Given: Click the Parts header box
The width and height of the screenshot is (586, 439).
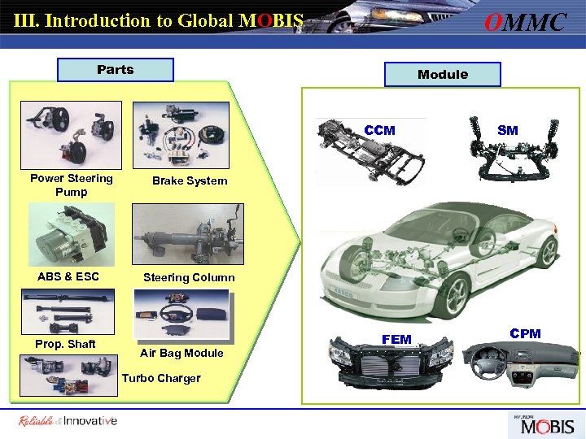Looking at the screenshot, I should pyautogui.click(x=116, y=70).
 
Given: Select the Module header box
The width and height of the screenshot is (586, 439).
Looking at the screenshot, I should pyautogui.click(x=443, y=75).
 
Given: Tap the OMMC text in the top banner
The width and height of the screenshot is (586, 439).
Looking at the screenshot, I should pyautogui.click(x=525, y=22).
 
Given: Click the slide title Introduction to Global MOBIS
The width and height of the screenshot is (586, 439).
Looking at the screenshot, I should pyautogui.click(x=160, y=20).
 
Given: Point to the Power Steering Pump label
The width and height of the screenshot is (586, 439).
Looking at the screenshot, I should pyautogui.click(x=72, y=185).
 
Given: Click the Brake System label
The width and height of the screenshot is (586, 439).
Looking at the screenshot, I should pyautogui.click(x=190, y=180).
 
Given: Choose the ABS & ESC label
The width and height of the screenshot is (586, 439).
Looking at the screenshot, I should pyautogui.click(x=68, y=276).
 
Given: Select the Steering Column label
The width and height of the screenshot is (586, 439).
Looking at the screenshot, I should pyautogui.click(x=189, y=277).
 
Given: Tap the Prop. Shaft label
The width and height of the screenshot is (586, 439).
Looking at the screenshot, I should pyautogui.click(x=65, y=344).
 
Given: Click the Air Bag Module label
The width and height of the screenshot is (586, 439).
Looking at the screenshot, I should pyautogui.click(x=181, y=353).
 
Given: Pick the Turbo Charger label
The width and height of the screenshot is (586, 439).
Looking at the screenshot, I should pyautogui.click(x=161, y=378).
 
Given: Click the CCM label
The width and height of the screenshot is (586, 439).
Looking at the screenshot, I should pyautogui.click(x=380, y=131).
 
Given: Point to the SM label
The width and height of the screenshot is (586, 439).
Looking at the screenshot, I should pyautogui.click(x=507, y=131).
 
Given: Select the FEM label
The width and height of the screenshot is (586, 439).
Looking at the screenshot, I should pyautogui.click(x=397, y=338).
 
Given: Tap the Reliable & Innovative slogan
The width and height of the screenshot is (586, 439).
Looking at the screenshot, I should pyautogui.click(x=68, y=420).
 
